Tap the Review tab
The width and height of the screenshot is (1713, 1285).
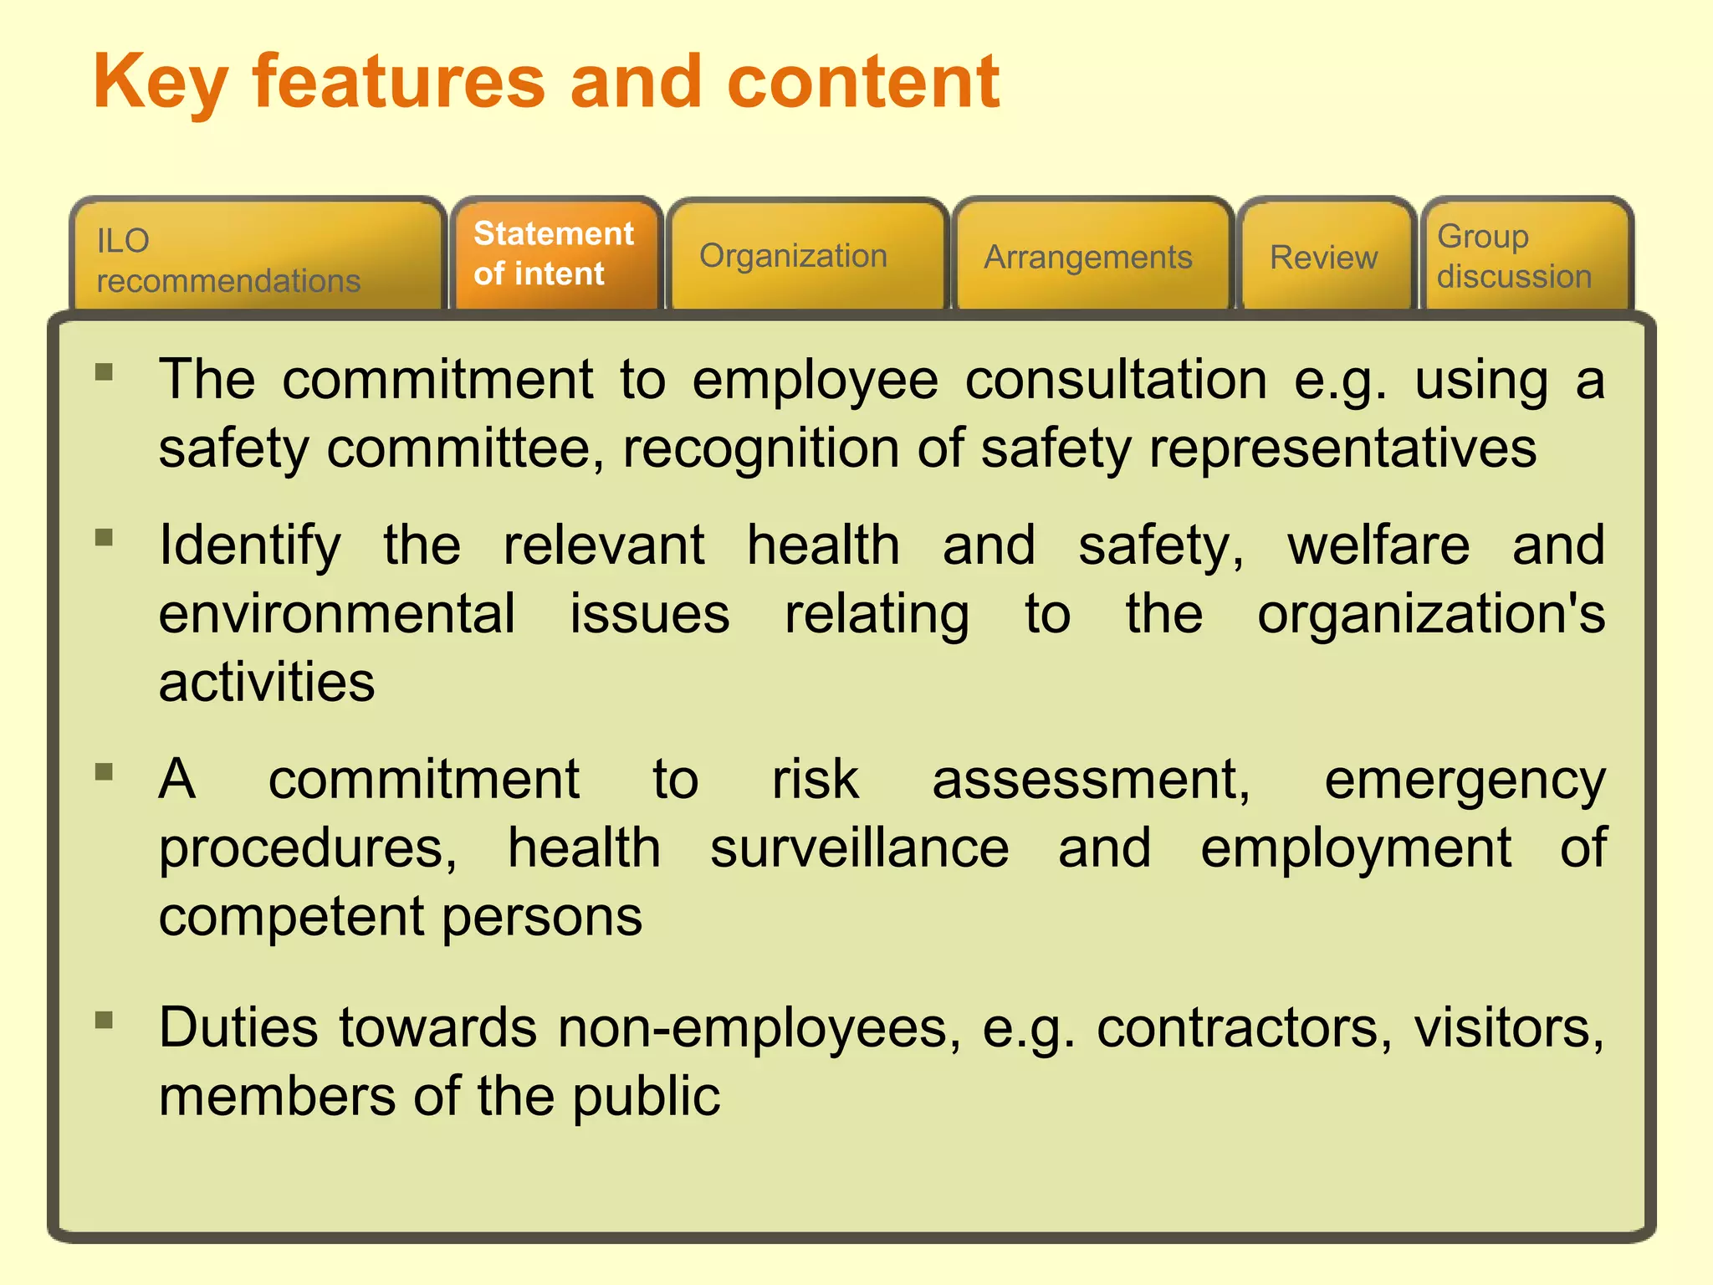pos(1323,257)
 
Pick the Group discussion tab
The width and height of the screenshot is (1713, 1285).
pos(1514,256)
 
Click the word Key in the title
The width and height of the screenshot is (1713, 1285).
pos(160,84)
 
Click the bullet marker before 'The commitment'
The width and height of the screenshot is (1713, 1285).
pos(105,371)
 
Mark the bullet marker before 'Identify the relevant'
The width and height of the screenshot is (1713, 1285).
pos(105,537)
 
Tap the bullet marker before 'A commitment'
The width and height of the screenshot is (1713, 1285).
pos(105,771)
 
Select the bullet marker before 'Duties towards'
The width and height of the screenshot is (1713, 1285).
pos(105,1020)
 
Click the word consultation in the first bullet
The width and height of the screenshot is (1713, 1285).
pos(1117,380)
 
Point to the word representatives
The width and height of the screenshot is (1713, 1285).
pos(1342,449)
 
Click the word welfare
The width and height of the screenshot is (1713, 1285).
pos(1378,545)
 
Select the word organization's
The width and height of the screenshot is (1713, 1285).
pos(1431,615)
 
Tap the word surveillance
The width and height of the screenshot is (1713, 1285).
pos(860,848)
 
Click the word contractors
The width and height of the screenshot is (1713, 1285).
pos(1245,1028)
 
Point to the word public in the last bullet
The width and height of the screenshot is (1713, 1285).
pos(646,1098)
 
